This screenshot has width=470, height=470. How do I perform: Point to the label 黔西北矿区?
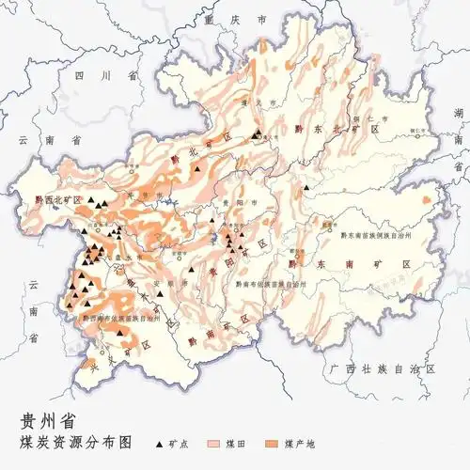[59, 199]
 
